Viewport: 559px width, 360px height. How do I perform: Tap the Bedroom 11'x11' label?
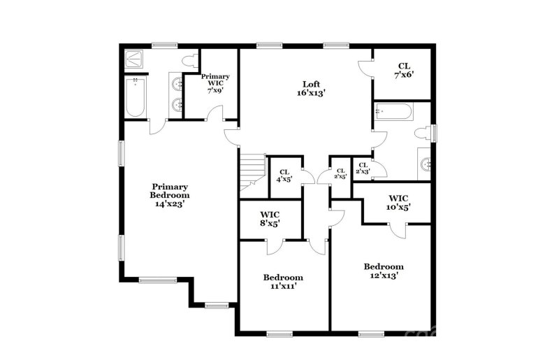pyautogui.click(x=284, y=281)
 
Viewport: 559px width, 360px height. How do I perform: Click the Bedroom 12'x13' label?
pyautogui.click(x=384, y=271)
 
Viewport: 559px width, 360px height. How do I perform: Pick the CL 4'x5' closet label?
pyautogui.click(x=284, y=175)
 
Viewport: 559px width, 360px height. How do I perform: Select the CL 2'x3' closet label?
pyautogui.click(x=363, y=168)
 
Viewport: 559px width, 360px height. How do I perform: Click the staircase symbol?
pyautogui.click(x=253, y=173)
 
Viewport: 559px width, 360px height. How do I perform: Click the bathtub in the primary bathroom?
pyautogui.click(x=135, y=98)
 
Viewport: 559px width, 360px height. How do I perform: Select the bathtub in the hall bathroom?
pyautogui.click(x=393, y=112)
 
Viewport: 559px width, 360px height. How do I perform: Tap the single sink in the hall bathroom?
pyautogui.click(x=426, y=164)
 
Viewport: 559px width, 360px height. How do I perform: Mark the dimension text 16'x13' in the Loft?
pyautogui.click(x=311, y=92)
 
